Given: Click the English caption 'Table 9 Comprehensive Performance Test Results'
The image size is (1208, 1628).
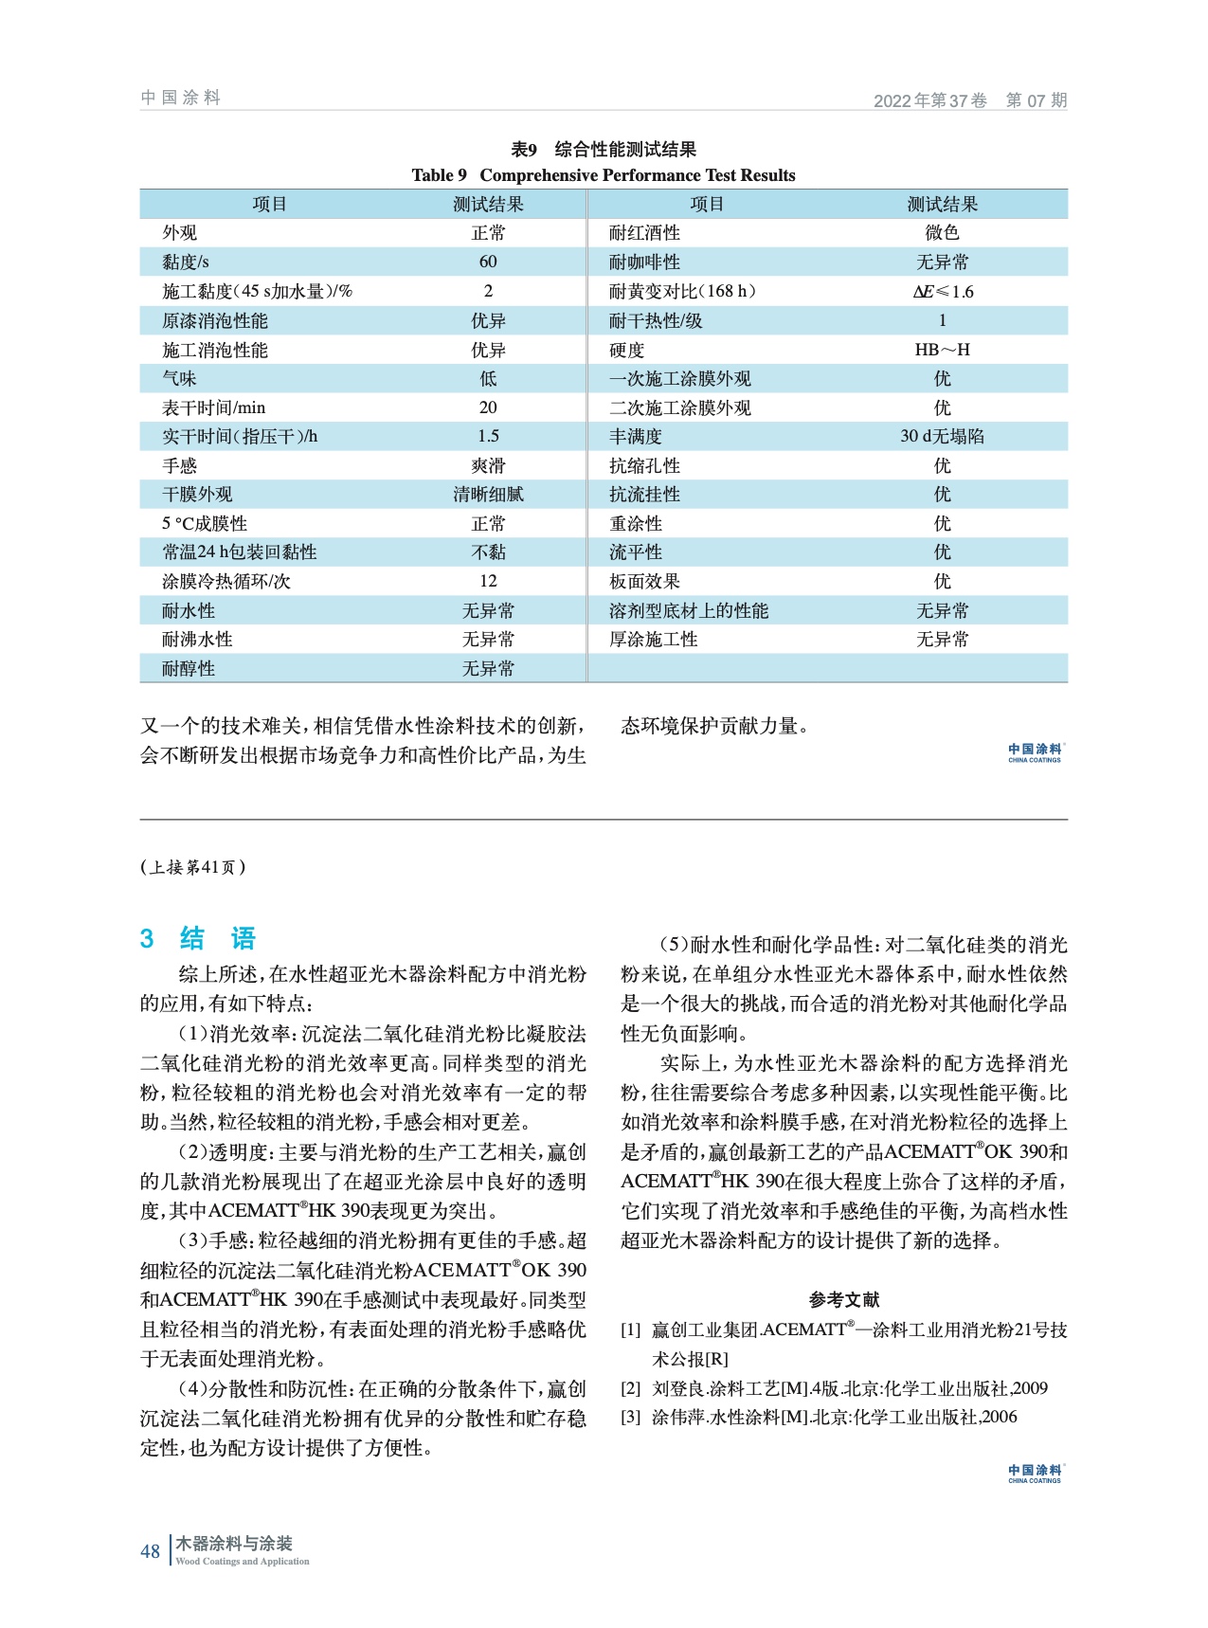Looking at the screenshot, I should coord(604,175).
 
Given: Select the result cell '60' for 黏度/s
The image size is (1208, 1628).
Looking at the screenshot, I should coord(488,262).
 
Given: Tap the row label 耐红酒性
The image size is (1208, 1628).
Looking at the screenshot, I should coord(644,233).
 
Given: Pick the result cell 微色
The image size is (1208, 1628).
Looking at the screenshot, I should coord(942,233).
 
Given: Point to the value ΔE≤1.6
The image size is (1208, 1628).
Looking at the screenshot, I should coord(943,292).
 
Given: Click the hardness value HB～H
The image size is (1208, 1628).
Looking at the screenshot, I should coord(942,350).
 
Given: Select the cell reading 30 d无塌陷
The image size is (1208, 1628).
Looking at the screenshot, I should coord(942,436).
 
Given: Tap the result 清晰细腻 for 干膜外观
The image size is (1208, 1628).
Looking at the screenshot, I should coord(488,495).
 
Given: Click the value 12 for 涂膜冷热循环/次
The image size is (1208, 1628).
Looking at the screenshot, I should coord(488,581).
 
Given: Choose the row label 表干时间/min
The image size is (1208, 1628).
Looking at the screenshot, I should coord(214,407).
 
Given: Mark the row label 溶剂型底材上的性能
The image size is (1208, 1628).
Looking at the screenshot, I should coord(689,611).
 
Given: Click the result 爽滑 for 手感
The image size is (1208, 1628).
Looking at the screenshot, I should coord(488,466).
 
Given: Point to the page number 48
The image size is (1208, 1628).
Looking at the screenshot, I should coord(150,1551).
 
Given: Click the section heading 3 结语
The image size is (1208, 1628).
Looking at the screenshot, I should coord(199,939).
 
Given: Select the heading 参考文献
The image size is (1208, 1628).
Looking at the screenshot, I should coord(843,1299).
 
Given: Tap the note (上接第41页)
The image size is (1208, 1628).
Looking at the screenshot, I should coord(193,867).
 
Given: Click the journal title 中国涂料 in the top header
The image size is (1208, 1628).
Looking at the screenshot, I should coord(180,98).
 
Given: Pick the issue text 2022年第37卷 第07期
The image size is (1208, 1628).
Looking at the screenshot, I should coord(969,100).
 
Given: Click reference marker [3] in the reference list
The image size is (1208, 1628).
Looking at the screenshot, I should coord(631,1418).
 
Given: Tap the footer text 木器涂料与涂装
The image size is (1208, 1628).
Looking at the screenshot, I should coord(234,1544).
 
